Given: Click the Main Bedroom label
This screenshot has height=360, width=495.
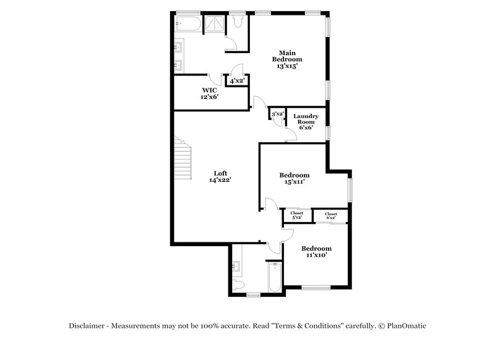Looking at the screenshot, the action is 287,56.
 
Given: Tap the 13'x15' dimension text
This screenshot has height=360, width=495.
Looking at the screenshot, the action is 287,66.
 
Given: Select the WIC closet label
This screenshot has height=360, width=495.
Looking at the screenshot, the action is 210,90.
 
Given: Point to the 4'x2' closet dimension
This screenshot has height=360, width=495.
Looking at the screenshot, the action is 237,81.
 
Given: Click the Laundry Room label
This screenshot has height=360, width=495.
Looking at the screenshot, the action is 306,119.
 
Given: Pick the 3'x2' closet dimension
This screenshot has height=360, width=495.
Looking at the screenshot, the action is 278,114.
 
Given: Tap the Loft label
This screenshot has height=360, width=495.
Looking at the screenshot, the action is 220,173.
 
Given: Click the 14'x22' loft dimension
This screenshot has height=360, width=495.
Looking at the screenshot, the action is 220,180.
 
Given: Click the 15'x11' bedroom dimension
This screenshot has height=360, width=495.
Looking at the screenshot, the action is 295,182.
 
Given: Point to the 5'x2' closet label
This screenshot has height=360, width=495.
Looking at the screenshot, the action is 297,215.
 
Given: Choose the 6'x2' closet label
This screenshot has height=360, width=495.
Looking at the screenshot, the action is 331,216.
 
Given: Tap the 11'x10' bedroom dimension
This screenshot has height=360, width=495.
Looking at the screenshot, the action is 316,255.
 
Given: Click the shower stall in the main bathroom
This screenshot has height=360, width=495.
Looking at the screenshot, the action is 215,24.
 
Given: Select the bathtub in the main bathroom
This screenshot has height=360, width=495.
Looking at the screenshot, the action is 188,24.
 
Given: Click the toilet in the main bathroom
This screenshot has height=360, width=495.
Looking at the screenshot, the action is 238,21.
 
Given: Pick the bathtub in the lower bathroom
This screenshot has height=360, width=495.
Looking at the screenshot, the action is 275,277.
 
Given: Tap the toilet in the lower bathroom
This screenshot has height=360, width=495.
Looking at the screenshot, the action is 238,285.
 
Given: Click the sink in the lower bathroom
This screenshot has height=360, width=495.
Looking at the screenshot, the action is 236,266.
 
